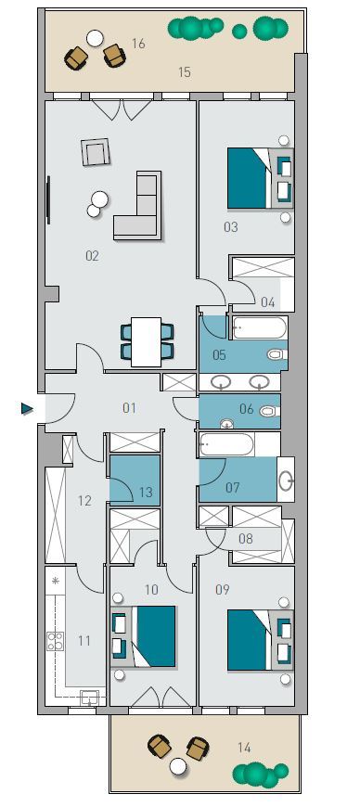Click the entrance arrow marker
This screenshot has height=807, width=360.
[x=27, y=409]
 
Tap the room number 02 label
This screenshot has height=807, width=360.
[x=92, y=256]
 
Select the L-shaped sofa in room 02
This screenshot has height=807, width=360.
[x=138, y=206]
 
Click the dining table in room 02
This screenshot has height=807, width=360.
[x=147, y=341]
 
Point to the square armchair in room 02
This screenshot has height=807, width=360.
[x=96, y=152]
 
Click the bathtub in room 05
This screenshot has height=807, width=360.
[x=259, y=327]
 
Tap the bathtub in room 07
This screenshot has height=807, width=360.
[x=226, y=444]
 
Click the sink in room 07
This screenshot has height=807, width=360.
[x=286, y=480]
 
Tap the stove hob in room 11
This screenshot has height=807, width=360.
[x=56, y=641]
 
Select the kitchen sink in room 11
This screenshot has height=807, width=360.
[x=90, y=698]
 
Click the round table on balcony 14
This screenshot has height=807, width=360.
[x=178, y=767]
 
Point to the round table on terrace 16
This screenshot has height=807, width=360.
[x=95, y=38]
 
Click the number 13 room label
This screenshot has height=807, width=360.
[x=146, y=493]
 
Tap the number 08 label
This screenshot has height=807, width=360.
[x=246, y=539]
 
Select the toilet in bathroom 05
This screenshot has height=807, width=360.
[x=276, y=354]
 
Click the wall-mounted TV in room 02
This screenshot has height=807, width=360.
[x=49, y=200]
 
